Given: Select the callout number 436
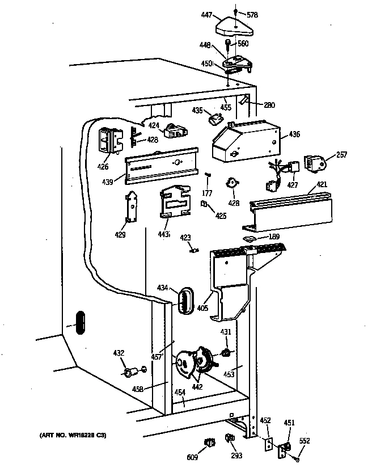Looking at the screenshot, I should point(294,134).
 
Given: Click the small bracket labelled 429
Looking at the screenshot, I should point(132,206).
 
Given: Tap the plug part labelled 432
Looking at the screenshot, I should point(130,373).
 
